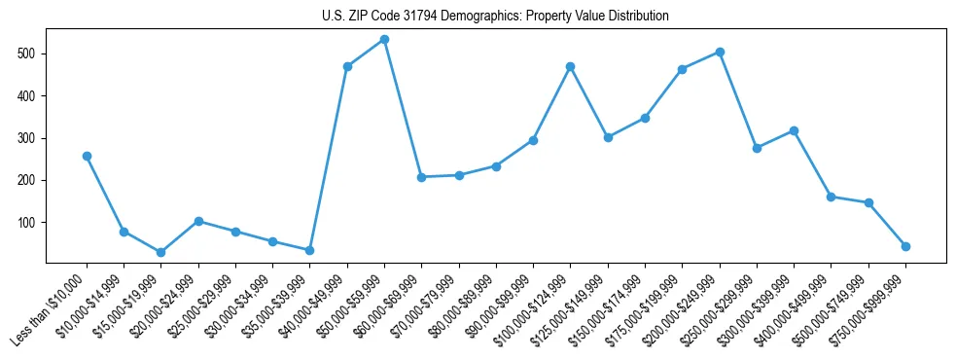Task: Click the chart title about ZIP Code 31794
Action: coord(495,17)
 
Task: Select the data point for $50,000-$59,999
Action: coord(384,39)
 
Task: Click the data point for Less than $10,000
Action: coord(87,156)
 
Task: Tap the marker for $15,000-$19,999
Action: coord(160,252)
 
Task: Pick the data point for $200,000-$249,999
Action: coord(720,52)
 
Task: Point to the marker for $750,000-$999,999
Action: coord(905,246)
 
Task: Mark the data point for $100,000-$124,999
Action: coord(570,66)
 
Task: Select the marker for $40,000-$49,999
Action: coord(347,66)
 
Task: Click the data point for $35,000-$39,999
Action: coord(309,250)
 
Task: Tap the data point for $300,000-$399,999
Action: coord(794,130)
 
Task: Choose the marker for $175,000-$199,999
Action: coord(682,69)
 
